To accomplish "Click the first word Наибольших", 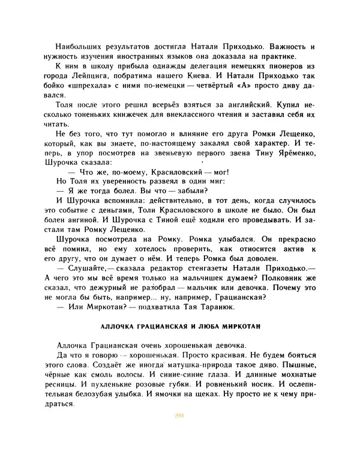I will click(x=77, y=47).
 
